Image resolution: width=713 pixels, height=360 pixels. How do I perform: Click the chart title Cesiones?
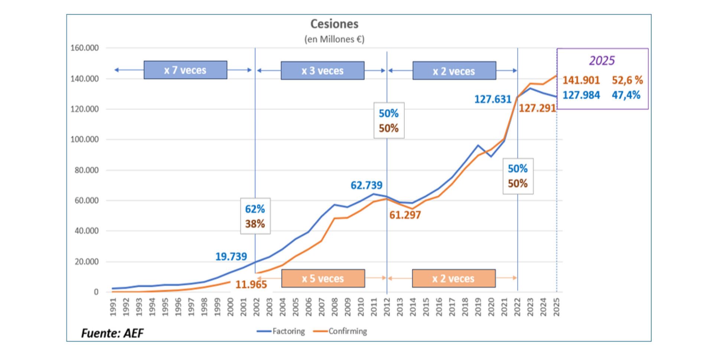pyautogui.click(x=334, y=24)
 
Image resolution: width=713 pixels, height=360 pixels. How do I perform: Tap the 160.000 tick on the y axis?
pyautogui.click(x=85, y=48)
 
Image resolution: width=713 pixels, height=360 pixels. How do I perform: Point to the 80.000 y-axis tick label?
pyautogui.click(x=85, y=170)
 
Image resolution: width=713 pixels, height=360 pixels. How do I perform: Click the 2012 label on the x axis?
pyautogui.click(x=387, y=307)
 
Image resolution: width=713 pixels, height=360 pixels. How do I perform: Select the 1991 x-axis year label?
pyautogui.click(x=113, y=307)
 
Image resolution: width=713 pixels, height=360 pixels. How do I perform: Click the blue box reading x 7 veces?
pyautogui.click(x=185, y=70)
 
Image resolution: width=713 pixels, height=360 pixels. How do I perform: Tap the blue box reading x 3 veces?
pyautogui.click(x=322, y=71)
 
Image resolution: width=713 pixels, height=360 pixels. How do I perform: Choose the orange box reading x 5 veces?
pyautogui.click(x=323, y=278)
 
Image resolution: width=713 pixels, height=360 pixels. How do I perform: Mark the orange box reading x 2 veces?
pyautogui.click(x=453, y=278)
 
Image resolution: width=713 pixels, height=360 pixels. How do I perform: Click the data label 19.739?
pyautogui.click(x=231, y=256)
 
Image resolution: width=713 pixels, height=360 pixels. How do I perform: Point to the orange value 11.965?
pyautogui.click(x=251, y=285)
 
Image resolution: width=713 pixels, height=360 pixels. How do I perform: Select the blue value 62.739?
pyautogui.click(x=366, y=185)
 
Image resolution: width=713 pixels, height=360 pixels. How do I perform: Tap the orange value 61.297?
pyautogui.click(x=405, y=215)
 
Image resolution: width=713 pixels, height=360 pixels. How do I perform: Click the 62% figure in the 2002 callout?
pyautogui.click(x=255, y=209)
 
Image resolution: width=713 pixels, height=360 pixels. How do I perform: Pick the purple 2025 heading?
pyautogui.click(x=602, y=61)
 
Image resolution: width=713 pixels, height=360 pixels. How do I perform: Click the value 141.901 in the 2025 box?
pyautogui.click(x=581, y=80)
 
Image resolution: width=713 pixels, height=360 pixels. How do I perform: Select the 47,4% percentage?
pyautogui.click(x=626, y=95)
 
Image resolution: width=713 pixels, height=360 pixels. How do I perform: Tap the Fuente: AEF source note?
pyautogui.click(x=112, y=333)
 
